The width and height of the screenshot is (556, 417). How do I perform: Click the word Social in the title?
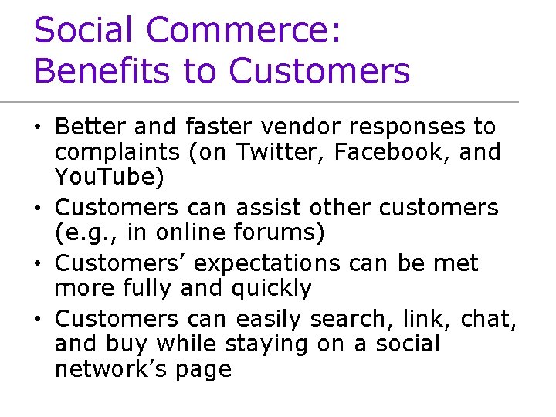click(83, 31)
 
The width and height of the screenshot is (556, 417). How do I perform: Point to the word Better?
click(87, 126)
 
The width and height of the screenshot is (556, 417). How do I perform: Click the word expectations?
click(266, 263)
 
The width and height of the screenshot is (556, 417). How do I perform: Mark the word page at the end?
click(202, 369)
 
